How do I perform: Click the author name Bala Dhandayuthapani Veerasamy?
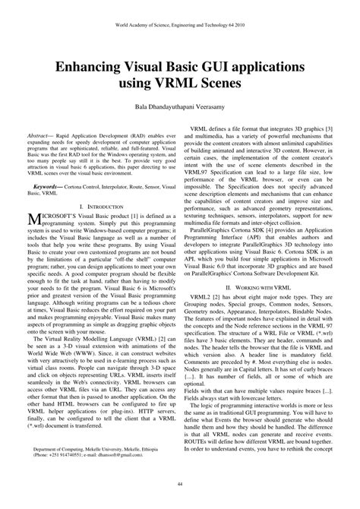click(180, 108)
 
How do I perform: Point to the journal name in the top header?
click(180, 24)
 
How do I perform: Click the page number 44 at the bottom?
click(180, 484)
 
